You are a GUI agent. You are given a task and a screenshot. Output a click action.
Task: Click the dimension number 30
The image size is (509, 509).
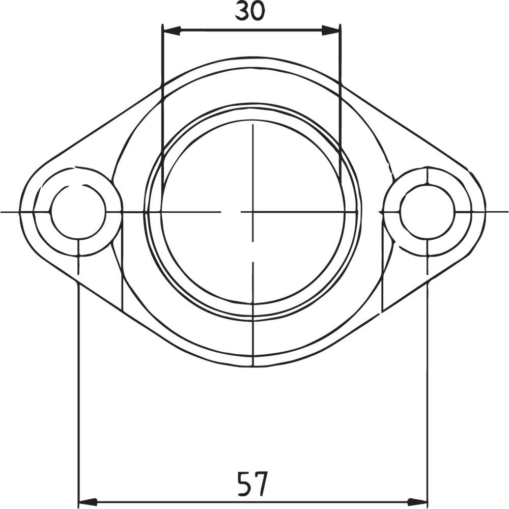click(250, 11)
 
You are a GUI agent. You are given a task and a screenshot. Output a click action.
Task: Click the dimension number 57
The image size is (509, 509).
click(252, 484)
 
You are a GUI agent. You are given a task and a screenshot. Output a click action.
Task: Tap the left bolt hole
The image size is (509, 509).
click(78, 212)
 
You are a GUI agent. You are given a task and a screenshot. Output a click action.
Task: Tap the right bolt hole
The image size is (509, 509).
click(427, 212)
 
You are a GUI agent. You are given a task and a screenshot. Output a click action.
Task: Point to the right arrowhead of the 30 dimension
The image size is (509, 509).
click(331, 31)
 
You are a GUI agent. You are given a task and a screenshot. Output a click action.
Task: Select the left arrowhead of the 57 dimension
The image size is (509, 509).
click(87, 501)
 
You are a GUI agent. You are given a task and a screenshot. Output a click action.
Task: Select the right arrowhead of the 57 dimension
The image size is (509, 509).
click(418, 501)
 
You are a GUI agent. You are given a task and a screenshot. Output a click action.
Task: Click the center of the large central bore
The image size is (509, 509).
click(252, 212)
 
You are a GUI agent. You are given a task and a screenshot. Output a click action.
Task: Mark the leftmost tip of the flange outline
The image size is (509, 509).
click(20, 212)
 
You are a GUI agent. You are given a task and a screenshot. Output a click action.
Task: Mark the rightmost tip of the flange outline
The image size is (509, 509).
click(485, 212)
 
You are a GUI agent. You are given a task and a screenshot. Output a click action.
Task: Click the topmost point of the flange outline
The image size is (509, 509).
click(252, 57)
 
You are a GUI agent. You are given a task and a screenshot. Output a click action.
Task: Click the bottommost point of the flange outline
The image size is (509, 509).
click(252, 366)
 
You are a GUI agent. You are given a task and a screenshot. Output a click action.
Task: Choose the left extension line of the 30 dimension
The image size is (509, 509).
click(162, 102)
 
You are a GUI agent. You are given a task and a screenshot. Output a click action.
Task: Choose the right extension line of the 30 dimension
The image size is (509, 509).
click(340, 102)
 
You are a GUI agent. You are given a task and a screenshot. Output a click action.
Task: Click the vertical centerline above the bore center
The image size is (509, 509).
click(252, 153)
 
